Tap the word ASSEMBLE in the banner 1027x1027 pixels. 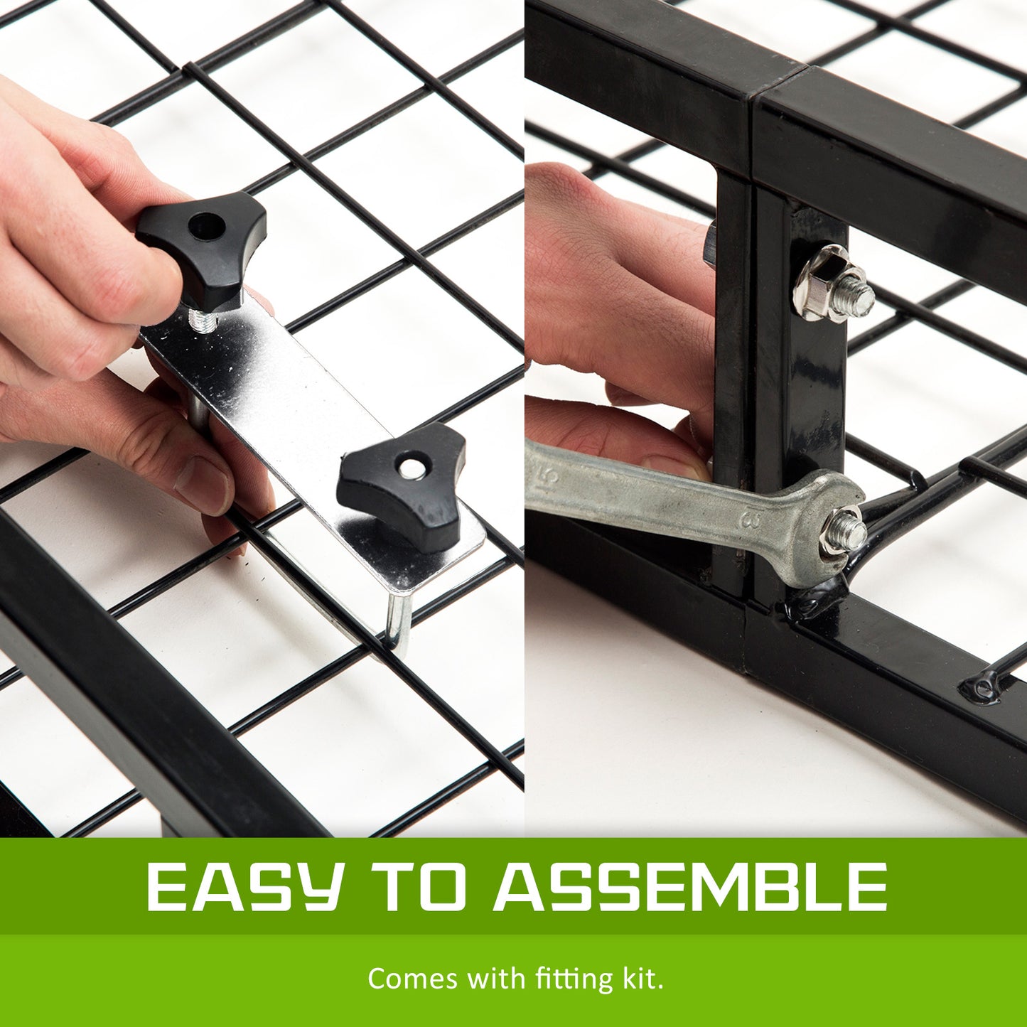click(690, 888)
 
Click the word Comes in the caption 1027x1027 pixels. click(412, 979)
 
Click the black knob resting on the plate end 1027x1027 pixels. click(402, 483)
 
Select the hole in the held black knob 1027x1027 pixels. click(207, 227)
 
